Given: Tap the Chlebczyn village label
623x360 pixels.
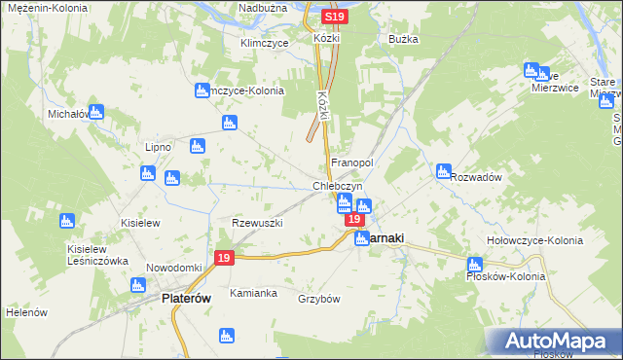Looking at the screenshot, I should pos(338,186).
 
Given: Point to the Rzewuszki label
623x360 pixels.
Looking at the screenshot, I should pos(257,223).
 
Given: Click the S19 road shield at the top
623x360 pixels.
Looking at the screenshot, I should pos(334,18).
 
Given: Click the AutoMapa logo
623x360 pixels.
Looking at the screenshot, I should pos(556,341).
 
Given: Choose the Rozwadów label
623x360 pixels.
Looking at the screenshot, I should pos(476,177).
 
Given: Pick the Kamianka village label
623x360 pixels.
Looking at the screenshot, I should pos(253,293).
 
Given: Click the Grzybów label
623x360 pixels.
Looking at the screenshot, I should pos(319,299).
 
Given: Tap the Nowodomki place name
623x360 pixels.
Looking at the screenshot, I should pos(173,268).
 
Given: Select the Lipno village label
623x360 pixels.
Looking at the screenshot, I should pos(158,147).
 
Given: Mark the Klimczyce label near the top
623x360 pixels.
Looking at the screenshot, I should pos(262,43).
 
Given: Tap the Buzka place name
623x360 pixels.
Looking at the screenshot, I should pos(403,39).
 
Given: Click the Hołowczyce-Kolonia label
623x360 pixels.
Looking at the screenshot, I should pos(534,240).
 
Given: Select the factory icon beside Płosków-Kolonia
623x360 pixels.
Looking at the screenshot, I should pos(475,265).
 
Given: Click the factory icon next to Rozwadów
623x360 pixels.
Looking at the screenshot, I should pos(444,171).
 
